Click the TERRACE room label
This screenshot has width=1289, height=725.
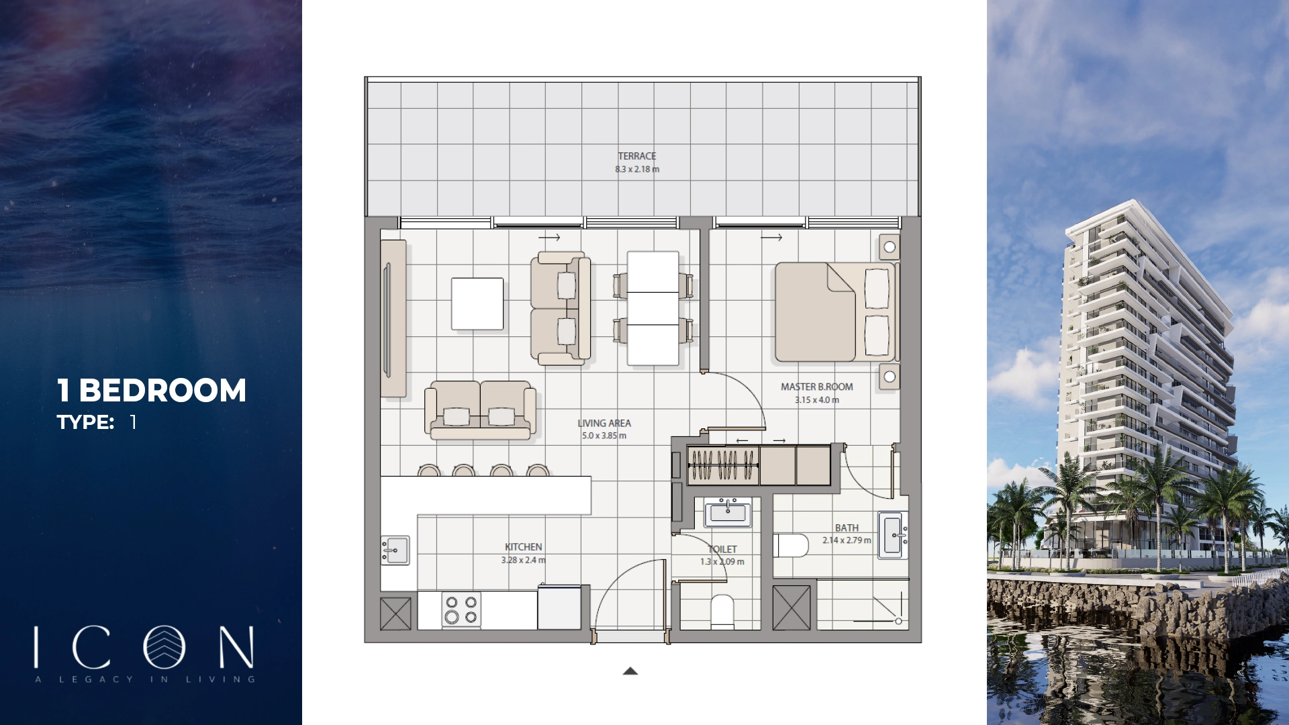point(636,156)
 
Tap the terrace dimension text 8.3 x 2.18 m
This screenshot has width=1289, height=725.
point(636,169)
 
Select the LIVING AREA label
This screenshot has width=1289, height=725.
point(604,423)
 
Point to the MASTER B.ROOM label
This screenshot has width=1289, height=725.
point(816,387)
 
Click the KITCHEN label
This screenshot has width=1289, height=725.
point(523,547)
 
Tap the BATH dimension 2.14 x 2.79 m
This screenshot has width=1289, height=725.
point(847,540)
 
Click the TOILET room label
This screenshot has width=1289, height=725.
point(722,549)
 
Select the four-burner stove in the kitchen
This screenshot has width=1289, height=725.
point(461,610)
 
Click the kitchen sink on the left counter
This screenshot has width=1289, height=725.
point(395,550)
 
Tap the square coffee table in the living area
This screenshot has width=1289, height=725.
point(477,304)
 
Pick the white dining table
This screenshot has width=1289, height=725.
point(653,308)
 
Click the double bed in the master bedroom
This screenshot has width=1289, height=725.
point(834,312)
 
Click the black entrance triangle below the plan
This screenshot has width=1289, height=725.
point(630,671)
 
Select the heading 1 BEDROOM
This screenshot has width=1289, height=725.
point(152,391)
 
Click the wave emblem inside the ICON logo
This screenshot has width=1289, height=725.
point(164,647)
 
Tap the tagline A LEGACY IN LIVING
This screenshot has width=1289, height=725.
point(145,679)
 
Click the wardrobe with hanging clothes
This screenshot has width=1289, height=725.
point(722,465)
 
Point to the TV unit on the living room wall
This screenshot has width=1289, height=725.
point(393,319)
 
